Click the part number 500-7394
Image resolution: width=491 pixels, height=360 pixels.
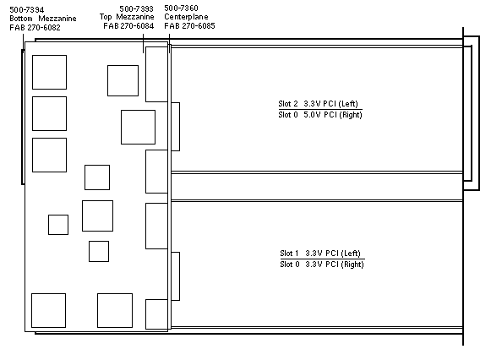[27, 9]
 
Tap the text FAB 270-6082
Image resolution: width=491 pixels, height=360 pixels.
[35, 28]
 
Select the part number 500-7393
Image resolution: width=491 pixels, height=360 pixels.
[137, 8]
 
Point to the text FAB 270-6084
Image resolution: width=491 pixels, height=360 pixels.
[128, 26]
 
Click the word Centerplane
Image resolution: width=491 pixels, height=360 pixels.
[186, 17]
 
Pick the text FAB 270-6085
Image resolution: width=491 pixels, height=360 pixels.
[190, 25]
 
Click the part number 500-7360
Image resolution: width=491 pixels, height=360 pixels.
[182, 8]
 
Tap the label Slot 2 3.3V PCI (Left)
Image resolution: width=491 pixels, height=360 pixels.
[318, 104]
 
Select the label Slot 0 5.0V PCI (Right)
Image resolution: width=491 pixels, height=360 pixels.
[320, 115]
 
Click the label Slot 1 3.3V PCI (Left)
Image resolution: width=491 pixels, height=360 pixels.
[320, 254]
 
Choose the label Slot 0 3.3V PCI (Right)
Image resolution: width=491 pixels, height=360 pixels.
[322, 265]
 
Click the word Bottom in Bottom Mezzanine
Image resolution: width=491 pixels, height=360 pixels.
[21, 19]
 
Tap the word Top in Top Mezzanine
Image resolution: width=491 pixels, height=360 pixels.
[106, 17]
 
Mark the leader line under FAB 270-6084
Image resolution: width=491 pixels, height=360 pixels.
[144, 43]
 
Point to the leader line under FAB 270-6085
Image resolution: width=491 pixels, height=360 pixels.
[169, 43]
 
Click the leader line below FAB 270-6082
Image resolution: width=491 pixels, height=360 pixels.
[23, 41]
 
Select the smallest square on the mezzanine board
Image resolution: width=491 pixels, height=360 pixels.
[58, 225]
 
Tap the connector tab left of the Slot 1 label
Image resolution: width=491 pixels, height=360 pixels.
[176, 276]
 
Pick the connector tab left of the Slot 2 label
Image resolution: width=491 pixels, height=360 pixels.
[176, 127]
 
